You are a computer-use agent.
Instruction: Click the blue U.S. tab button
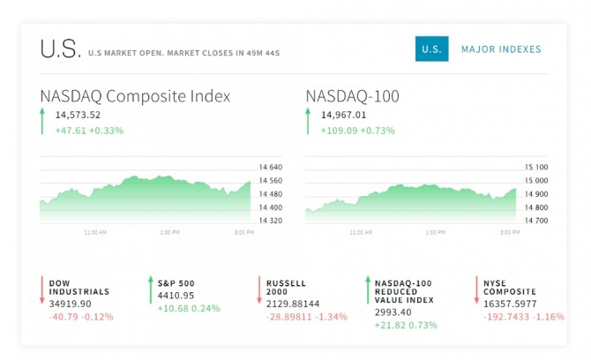coord(432,49)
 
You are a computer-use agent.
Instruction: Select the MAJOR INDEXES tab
coord(501,49)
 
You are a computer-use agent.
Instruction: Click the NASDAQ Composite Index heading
coord(135,96)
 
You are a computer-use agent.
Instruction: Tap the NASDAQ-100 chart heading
coord(353,96)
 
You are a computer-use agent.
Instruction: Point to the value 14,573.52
coord(78,115)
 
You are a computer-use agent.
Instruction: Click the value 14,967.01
coord(344,115)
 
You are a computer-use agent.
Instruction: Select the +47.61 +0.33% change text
coord(89,131)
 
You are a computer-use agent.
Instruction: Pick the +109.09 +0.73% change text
coord(358,131)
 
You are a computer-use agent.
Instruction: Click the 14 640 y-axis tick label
coord(270,167)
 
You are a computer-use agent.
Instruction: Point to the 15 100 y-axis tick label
coord(536,167)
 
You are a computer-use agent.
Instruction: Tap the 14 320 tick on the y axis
coord(270,220)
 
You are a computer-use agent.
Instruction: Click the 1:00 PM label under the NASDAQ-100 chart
coord(435,233)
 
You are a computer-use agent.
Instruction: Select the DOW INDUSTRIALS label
coord(79,287)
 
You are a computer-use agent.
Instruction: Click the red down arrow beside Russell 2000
coord(258,290)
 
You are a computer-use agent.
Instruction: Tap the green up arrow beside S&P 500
coord(150,290)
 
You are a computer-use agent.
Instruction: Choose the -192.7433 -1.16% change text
coord(524,315)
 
